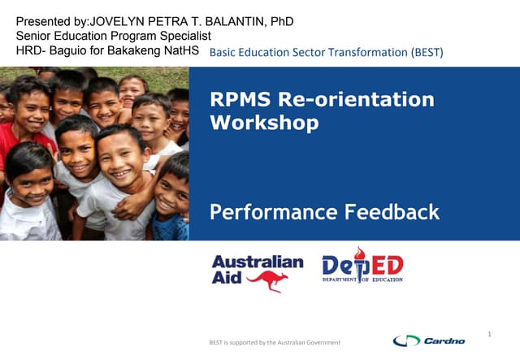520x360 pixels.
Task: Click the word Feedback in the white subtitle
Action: (x=391, y=213)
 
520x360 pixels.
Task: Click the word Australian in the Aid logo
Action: (x=258, y=262)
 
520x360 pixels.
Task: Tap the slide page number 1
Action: (x=491, y=333)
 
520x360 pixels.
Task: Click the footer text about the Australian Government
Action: (x=275, y=342)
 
